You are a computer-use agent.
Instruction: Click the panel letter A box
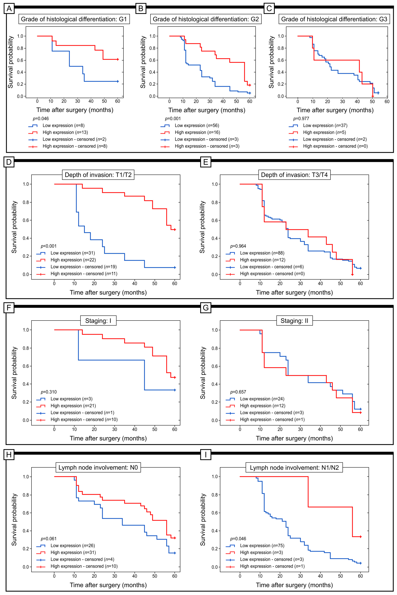[x=9, y=9]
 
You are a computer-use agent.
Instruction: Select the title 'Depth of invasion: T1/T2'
[x=98, y=175]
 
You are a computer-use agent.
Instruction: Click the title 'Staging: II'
[x=294, y=321]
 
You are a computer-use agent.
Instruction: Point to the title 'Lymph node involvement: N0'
[x=98, y=468]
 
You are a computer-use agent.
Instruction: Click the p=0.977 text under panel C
[x=301, y=119]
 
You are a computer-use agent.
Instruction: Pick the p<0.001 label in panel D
[x=49, y=246]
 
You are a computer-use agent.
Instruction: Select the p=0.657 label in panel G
[x=238, y=392]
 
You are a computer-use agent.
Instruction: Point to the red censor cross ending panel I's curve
[x=361, y=537]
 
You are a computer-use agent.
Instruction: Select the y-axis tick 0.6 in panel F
[x=26, y=366]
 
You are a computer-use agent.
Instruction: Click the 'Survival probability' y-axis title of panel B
[x=143, y=62]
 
